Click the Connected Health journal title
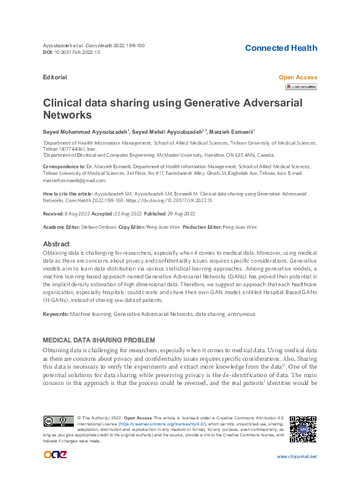[281, 48]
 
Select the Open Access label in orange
[297, 77]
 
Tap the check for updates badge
[301, 87]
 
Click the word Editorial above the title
[55, 77]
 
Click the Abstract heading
[57, 244]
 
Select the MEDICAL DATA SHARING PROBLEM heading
[99, 340]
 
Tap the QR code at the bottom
[303, 429]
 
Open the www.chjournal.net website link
[296, 456]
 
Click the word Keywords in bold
[55, 314]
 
